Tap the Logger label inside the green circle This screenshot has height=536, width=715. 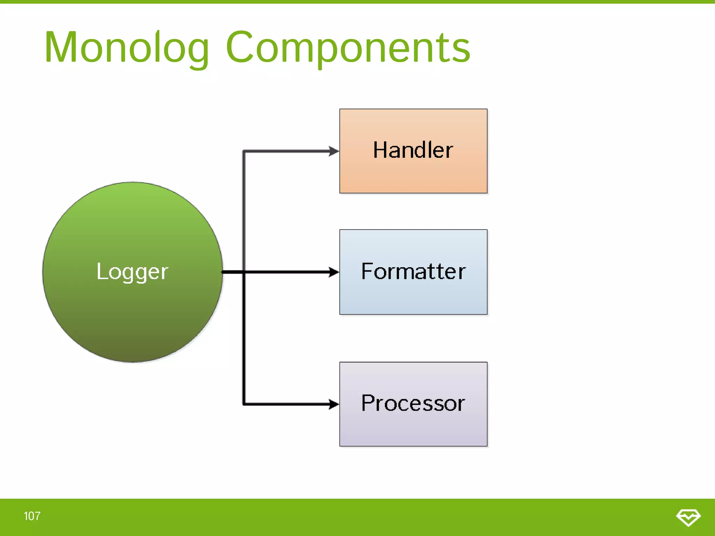pos(132,271)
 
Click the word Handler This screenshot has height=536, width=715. pos(413,150)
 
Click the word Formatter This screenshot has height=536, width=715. pos(413,271)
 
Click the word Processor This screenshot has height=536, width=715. pos(413,403)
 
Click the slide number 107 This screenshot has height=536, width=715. pos(32,516)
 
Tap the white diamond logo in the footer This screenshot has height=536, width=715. pos(688,517)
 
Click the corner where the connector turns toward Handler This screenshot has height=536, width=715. pos(244,151)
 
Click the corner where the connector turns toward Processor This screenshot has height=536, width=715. pos(244,404)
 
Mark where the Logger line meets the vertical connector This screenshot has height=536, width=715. pos(244,272)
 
